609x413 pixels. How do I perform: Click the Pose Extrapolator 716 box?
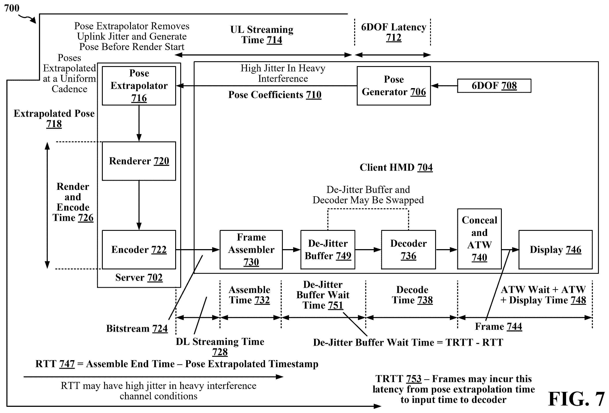coord(139,86)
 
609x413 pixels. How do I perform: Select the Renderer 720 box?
coord(139,161)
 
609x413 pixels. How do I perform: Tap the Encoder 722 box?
coord(139,250)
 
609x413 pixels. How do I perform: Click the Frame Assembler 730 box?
coord(251,250)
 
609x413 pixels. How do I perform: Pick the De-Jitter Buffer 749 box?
coord(328,250)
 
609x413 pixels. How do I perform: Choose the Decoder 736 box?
coord(408,250)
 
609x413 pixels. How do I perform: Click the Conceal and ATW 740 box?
coord(480,239)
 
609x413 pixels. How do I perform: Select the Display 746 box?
coord(556,250)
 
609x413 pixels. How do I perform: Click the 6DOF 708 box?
coord(494,86)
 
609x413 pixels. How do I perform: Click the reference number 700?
coord(12,8)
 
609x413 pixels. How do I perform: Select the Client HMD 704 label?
coord(396,167)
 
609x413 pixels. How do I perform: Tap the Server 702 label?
coord(139,278)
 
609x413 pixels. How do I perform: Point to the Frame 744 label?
coord(499,326)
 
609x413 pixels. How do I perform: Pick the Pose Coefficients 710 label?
coord(275,95)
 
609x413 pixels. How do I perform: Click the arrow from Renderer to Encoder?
coord(139,205)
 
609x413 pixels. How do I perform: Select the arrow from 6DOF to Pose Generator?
coord(444,86)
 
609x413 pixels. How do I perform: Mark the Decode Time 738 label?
coord(412,295)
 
